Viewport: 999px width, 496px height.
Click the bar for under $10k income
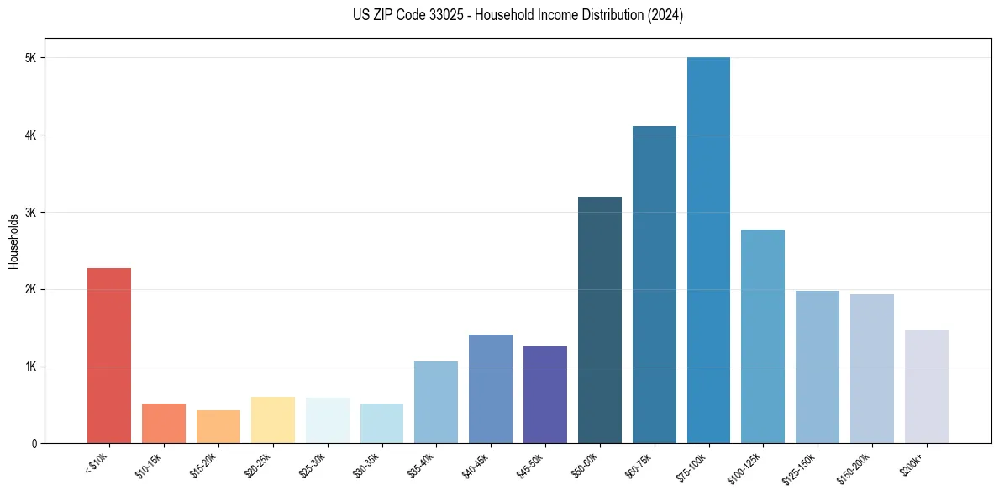pos(109,356)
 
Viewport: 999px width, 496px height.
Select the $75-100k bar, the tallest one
pos(708,251)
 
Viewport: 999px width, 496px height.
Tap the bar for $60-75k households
pos(654,285)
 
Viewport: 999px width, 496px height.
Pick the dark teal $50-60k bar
pos(600,320)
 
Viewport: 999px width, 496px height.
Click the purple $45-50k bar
pos(545,395)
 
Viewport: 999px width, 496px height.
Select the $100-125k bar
pos(763,336)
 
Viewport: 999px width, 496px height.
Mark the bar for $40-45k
pos(491,389)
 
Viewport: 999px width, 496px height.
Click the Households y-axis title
pos(13,240)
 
